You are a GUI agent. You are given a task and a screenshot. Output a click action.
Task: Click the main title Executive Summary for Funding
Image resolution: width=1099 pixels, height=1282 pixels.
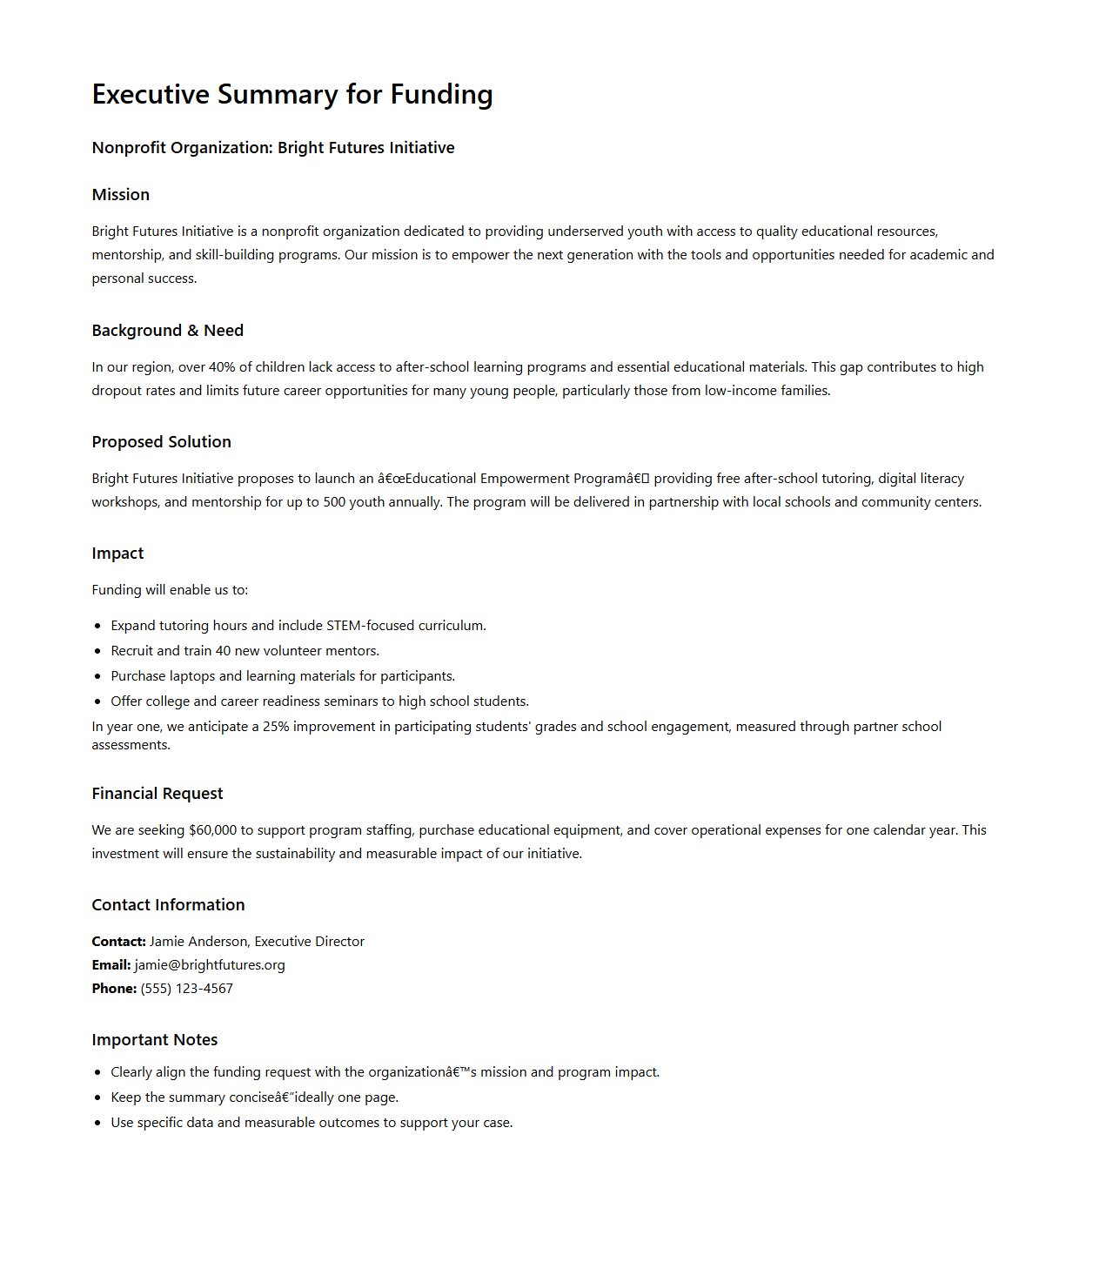pyautogui.click(x=292, y=94)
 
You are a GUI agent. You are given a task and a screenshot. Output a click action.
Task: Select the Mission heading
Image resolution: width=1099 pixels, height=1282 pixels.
pyautogui.click(x=121, y=195)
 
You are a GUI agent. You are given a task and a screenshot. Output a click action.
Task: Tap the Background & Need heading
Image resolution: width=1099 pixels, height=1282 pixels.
pyautogui.click(x=168, y=331)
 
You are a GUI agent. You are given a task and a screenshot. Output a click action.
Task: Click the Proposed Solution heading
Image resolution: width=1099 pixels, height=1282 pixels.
pyautogui.click(x=162, y=442)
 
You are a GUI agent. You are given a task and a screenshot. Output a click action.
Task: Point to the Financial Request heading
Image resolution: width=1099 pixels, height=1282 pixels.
pyautogui.click(x=157, y=794)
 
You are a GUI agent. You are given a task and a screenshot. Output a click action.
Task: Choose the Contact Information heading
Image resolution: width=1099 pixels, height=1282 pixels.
pyautogui.click(x=169, y=905)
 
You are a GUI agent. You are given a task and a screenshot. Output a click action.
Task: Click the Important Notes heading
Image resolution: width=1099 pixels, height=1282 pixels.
pyautogui.click(x=155, y=1040)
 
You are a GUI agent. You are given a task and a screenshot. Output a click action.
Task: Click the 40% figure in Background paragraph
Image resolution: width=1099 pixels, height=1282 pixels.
pyautogui.click(x=222, y=367)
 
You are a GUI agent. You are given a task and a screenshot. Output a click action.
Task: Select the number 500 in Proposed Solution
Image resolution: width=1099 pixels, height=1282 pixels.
pyautogui.click(x=334, y=502)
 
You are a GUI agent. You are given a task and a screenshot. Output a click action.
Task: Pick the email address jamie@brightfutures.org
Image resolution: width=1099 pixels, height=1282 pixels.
pyautogui.click(x=210, y=965)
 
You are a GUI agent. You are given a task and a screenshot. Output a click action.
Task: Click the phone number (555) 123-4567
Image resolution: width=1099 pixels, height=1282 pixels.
pyautogui.click(x=187, y=989)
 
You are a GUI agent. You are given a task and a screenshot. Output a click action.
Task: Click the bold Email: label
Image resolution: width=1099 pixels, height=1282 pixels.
pyautogui.click(x=111, y=965)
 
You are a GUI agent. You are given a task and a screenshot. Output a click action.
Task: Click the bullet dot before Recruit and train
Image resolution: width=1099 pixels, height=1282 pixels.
pyautogui.click(x=97, y=652)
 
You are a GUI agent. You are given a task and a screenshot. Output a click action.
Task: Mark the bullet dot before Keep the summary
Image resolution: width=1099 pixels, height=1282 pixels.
pyautogui.click(x=97, y=1098)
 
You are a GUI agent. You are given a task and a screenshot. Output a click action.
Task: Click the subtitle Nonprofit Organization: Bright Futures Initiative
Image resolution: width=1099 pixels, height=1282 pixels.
pyautogui.click(x=273, y=148)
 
